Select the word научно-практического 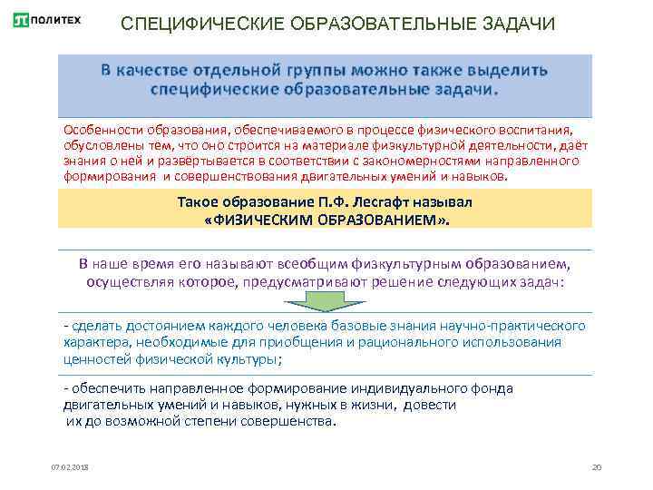(x=513, y=325)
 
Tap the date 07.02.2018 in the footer (x=65, y=466)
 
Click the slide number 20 (x=596, y=466)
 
